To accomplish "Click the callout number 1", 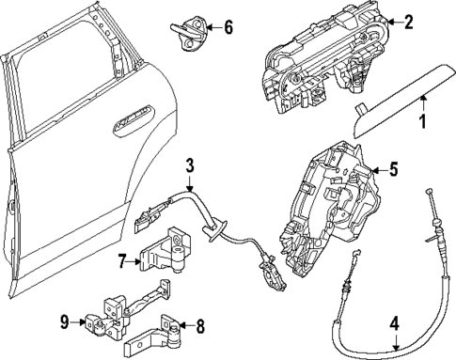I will click(422, 121).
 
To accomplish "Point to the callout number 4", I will click(395, 323).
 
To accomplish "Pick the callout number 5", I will click(394, 170).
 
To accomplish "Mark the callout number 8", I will click(199, 327).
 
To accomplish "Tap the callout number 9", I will click(65, 322).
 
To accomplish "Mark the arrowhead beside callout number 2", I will click(389, 21).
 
